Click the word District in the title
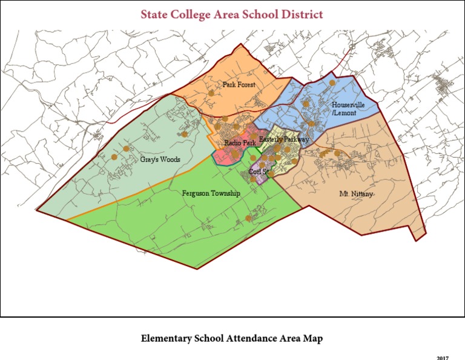coord(299,14)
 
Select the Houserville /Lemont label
coord(348,108)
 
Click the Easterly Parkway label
coord(283,139)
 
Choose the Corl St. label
coord(259,172)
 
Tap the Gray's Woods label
coord(160,159)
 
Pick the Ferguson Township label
coord(211,193)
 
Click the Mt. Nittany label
coord(356,194)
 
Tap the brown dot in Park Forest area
coord(211,93)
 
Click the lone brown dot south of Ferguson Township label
coord(248,218)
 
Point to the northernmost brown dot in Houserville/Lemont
coord(332,82)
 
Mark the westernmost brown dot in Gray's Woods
coord(114,157)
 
